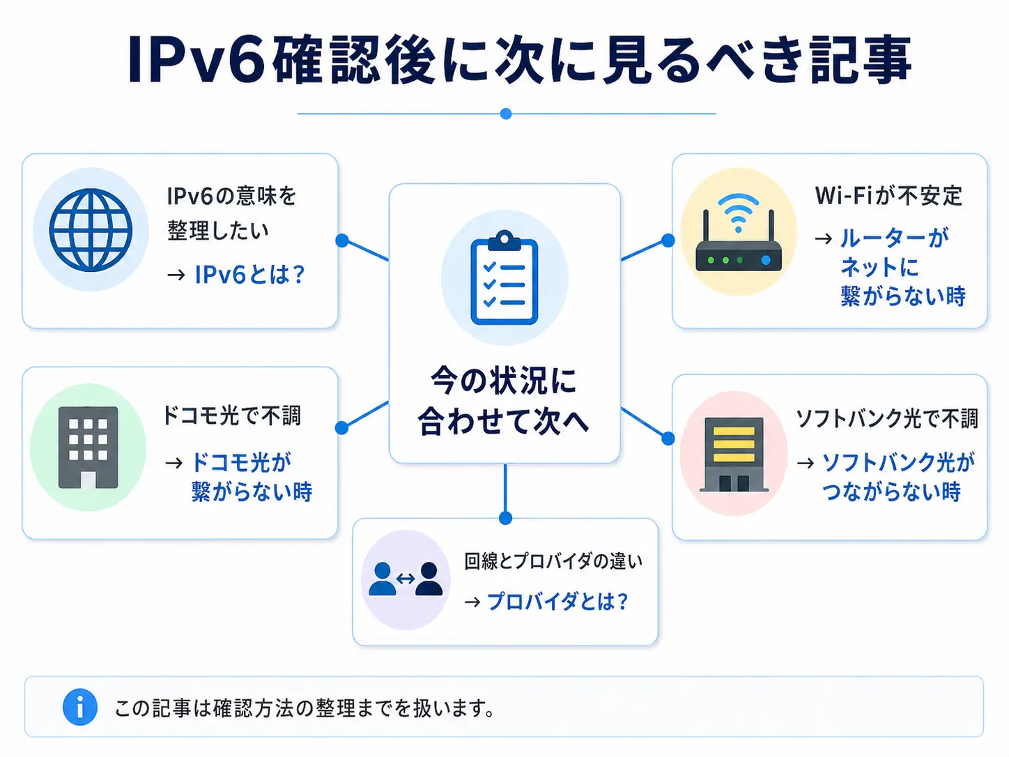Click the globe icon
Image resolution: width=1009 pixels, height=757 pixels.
[91, 230]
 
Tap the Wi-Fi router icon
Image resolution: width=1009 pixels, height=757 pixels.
[739, 237]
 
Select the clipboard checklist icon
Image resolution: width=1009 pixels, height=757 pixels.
[504, 278]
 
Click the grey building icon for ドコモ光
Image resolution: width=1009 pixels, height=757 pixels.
[88, 447]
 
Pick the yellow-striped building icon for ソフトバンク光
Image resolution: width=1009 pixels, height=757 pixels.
[734, 454]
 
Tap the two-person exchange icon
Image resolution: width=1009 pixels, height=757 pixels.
[406, 579]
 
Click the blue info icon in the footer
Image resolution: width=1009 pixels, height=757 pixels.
[80, 708]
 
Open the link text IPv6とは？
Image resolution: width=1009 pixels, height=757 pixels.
[250, 275]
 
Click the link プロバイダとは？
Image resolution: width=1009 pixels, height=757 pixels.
[557, 601]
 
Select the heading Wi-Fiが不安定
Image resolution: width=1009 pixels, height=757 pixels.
[888, 196]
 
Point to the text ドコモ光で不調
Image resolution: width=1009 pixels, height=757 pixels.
[232, 415]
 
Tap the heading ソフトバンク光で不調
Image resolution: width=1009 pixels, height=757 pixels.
[887, 418]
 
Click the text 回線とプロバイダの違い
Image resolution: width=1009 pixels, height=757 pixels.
[553, 561]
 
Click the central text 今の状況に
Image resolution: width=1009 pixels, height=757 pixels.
[504, 381]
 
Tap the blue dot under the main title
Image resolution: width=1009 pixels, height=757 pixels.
[506, 114]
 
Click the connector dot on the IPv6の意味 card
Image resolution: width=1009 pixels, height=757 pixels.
[341, 240]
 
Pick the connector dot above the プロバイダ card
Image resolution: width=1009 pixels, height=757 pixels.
[506, 518]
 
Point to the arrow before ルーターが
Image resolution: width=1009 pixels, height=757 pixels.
[824, 238]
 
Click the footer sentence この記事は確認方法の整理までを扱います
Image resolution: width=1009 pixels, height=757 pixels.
[305, 708]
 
